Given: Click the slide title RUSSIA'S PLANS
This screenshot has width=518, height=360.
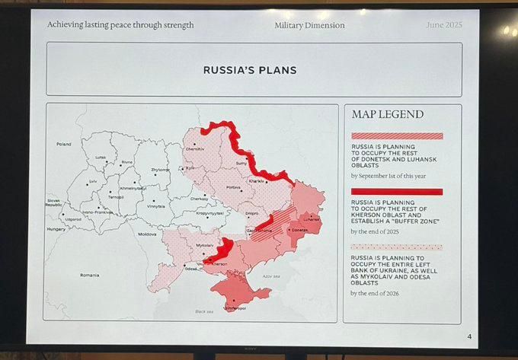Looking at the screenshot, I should click(x=249, y=70).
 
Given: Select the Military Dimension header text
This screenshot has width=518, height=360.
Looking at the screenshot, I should click(x=309, y=26).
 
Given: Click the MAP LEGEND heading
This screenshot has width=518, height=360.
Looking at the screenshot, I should click(x=388, y=115).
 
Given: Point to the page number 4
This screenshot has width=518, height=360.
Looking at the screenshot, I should click(x=469, y=336).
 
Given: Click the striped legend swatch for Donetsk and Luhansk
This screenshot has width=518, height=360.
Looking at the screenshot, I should click(x=396, y=136).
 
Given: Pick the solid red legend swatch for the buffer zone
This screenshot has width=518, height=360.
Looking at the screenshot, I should click(x=396, y=192).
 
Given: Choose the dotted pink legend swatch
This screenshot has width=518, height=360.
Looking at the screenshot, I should click(x=396, y=247).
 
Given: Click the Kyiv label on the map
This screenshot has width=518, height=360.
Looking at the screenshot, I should click(x=190, y=168).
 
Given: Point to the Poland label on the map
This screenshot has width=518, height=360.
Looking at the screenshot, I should click(x=64, y=144).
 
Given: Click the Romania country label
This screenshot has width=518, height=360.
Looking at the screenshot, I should click(x=89, y=275).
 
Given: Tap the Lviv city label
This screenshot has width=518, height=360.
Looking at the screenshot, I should click(x=93, y=181).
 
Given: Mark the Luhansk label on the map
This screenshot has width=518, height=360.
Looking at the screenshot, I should click(x=310, y=218).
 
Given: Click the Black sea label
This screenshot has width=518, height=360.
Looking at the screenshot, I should click(x=204, y=311).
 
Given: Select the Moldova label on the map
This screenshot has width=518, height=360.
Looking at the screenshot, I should click(x=147, y=234).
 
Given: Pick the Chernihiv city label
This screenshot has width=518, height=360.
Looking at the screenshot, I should click(x=195, y=149).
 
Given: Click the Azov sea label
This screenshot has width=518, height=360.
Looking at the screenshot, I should click(x=271, y=275).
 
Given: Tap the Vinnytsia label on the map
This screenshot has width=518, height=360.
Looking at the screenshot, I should click(x=155, y=206).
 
